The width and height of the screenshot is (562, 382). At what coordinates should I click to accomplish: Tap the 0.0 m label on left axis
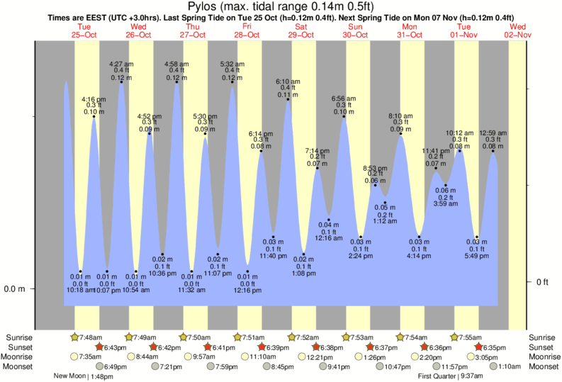(14, 289)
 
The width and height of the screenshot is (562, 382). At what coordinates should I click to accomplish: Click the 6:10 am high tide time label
(288, 81)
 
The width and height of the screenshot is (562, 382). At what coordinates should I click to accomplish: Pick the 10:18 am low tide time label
(81, 291)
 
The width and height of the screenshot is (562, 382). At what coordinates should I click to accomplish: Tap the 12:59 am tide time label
(493, 133)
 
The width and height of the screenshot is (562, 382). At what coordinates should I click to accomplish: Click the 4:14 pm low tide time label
(419, 257)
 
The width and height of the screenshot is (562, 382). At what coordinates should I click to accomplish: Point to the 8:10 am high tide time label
(400, 116)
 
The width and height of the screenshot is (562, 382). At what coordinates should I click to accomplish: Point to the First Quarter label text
(440, 376)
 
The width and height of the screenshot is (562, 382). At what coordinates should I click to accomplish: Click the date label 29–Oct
(301, 34)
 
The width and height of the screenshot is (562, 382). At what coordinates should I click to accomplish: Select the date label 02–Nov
(517, 34)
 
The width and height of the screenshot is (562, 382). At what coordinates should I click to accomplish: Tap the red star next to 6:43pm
(100, 347)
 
